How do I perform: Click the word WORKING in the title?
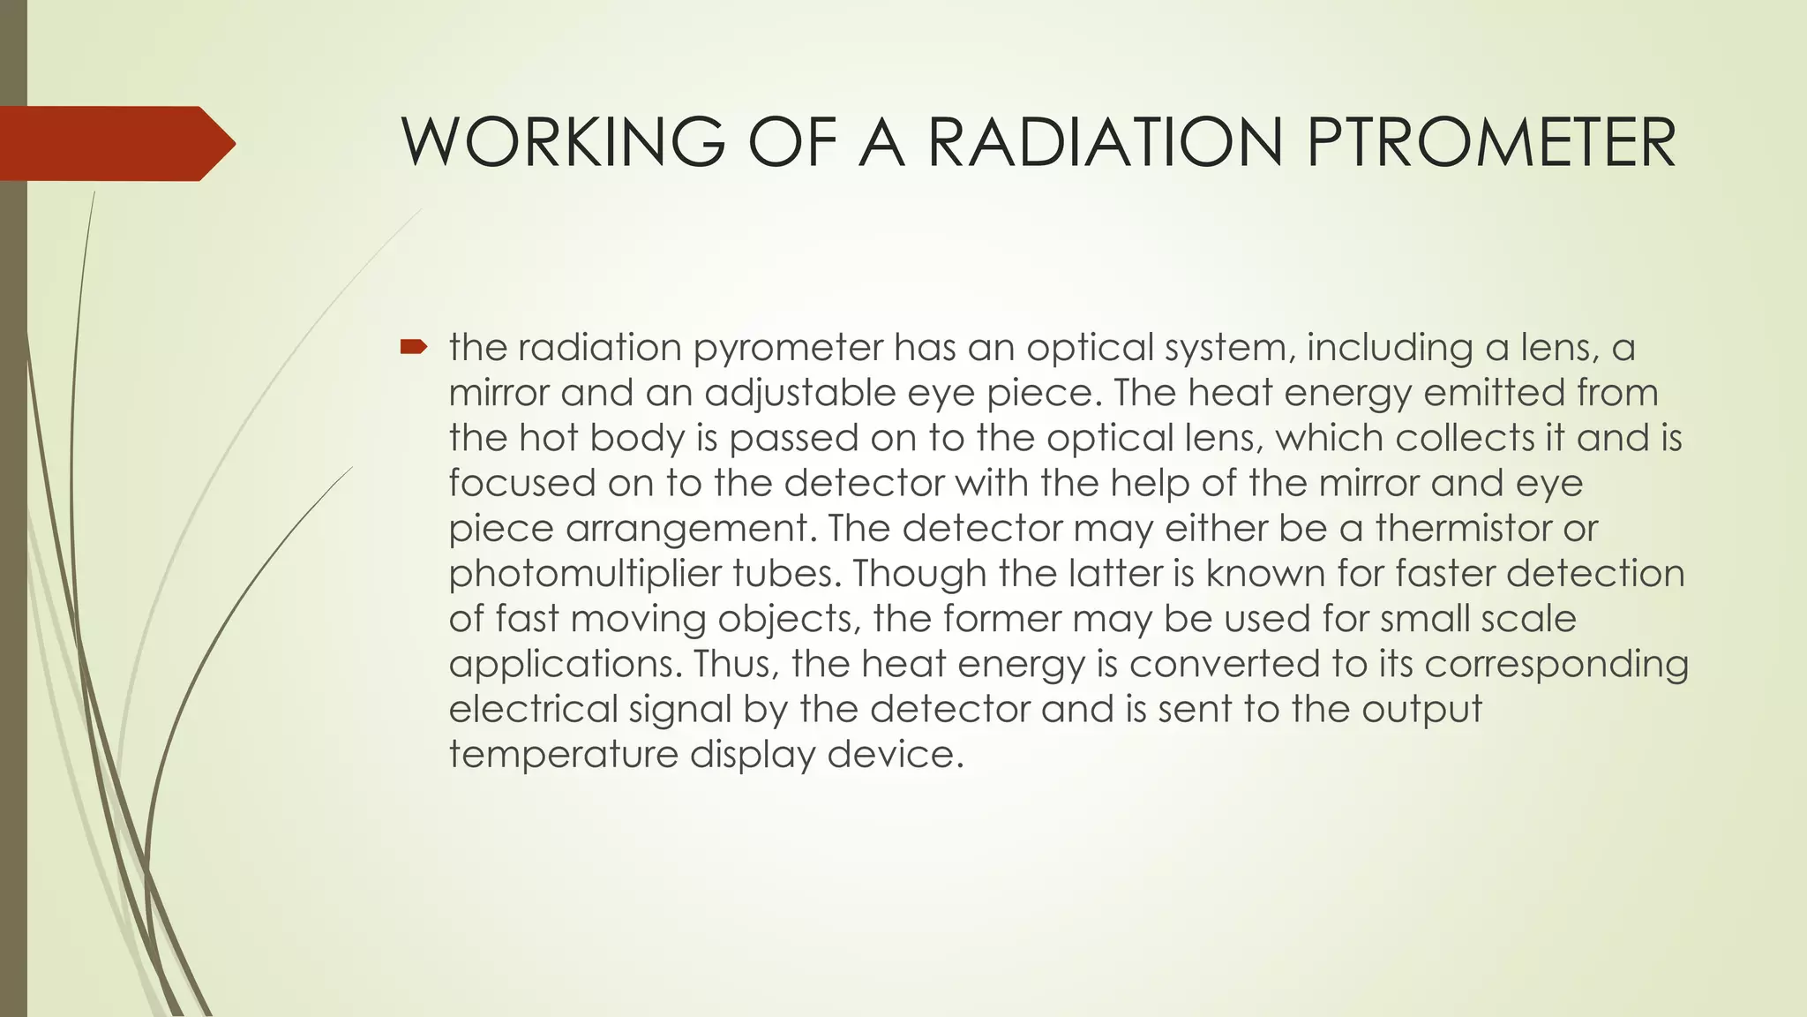click(x=563, y=143)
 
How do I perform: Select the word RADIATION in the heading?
click(x=1105, y=143)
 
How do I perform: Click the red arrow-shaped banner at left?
click(x=110, y=143)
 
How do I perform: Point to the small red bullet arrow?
click(x=413, y=347)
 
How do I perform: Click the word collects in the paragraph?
click(x=1466, y=438)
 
